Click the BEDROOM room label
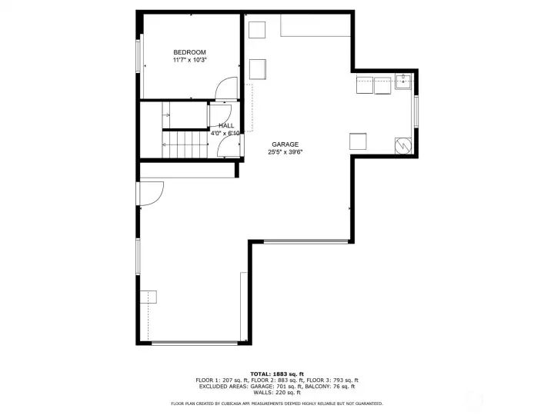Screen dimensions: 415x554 tap(189, 51)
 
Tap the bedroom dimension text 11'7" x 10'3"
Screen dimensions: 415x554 tap(189, 59)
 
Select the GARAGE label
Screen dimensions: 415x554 tap(284, 144)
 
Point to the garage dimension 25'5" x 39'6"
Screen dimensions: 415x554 tap(284, 152)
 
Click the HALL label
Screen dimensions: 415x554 tap(226, 125)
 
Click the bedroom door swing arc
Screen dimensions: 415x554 tap(225, 90)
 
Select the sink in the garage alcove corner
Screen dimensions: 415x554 tap(402, 81)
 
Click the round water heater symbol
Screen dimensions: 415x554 tap(402, 144)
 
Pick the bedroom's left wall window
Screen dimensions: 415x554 tap(139, 57)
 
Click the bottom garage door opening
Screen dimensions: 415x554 tap(194, 342)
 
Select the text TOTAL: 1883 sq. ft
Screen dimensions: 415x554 tap(276, 373)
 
